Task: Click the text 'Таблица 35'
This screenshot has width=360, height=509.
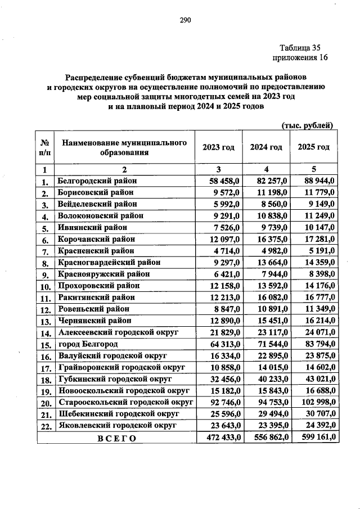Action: coord(300,48)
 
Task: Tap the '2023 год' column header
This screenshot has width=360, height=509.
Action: coord(218,147)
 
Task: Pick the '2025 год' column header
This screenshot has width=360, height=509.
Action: coord(313,147)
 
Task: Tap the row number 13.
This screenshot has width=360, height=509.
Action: coord(44,321)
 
